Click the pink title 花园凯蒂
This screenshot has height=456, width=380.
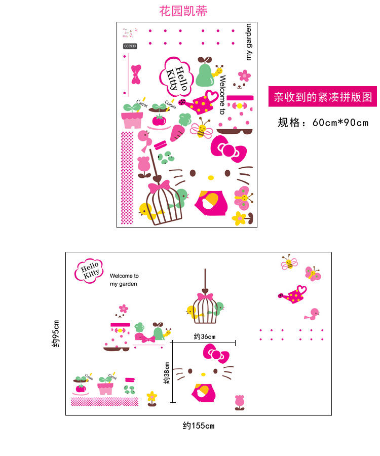tap(183, 11)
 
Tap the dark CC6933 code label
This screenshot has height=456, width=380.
tap(130, 46)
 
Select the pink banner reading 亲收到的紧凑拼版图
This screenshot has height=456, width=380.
tap(323, 97)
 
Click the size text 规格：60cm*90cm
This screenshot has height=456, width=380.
tap(323, 123)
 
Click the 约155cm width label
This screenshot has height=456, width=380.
tap(199, 426)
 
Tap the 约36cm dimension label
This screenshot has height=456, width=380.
tap(205, 337)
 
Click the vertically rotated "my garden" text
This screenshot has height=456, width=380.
tap(248, 42)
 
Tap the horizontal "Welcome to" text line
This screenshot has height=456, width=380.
tap(124, 276)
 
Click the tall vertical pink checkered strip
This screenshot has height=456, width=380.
tap(127, 177)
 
